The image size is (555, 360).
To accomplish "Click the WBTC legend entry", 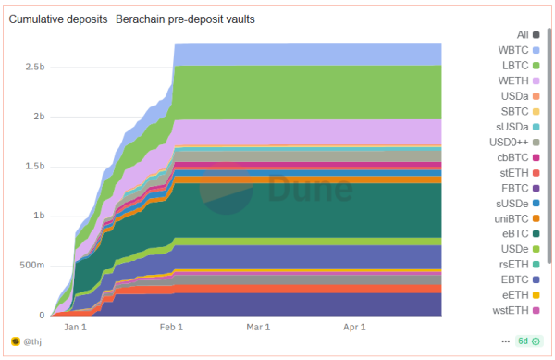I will pos(517,50).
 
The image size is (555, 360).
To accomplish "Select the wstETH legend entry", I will pos(514,309).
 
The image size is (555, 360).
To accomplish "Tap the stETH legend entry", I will pos(518,172).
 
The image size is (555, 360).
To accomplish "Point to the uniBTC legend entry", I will pos(514,217).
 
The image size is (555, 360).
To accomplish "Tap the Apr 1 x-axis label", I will pos(355,327).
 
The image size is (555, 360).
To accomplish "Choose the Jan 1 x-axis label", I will pos(75,327).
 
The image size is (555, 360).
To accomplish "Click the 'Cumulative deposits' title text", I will pos(57,19).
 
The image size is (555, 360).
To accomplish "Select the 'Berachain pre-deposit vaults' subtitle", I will pos(186,19).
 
